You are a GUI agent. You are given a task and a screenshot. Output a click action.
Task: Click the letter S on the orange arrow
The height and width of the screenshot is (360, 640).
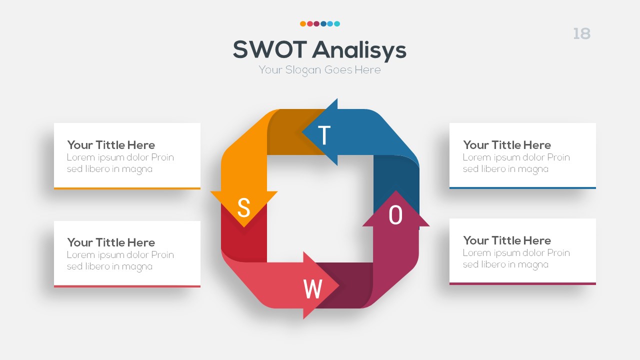(243, 207)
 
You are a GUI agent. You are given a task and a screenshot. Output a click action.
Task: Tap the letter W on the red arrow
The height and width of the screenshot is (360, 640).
(312, 289)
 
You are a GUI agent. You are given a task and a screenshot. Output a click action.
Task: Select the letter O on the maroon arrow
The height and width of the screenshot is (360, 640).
(395, 215)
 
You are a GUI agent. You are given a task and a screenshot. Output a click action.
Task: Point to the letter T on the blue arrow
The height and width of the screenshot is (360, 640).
(324, 135)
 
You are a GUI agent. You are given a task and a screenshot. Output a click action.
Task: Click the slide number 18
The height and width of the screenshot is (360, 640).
(581, 34)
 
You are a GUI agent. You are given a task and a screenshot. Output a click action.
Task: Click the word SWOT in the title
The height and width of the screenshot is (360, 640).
(269, 50)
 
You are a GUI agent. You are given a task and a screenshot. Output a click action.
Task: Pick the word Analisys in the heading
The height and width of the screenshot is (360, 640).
(359, 50)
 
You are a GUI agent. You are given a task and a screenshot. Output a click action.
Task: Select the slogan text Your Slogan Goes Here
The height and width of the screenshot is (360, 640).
(319, 70)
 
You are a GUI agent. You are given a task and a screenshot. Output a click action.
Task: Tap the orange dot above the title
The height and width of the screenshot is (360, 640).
(303, 23)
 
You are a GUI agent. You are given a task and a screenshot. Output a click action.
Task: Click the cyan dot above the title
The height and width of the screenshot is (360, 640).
(337, 23)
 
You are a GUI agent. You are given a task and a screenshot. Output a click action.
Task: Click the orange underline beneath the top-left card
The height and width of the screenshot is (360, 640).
(127, 188)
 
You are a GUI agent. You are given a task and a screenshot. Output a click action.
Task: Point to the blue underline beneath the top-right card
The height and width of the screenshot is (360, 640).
(522, 188)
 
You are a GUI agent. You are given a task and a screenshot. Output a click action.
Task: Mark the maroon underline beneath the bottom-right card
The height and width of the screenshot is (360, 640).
(522, 283)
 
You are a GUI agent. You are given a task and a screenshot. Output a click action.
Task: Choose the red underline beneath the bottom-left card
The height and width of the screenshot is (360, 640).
(127, 286)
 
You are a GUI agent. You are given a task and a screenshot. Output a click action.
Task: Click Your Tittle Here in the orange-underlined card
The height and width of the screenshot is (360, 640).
(111, 145)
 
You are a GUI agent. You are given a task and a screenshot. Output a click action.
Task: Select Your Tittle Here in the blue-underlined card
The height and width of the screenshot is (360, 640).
(506, 145)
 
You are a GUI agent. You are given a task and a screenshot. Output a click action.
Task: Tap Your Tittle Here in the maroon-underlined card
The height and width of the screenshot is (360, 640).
(506, 240)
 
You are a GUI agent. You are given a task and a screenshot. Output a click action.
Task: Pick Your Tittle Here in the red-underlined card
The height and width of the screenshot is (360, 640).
(111, 242)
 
